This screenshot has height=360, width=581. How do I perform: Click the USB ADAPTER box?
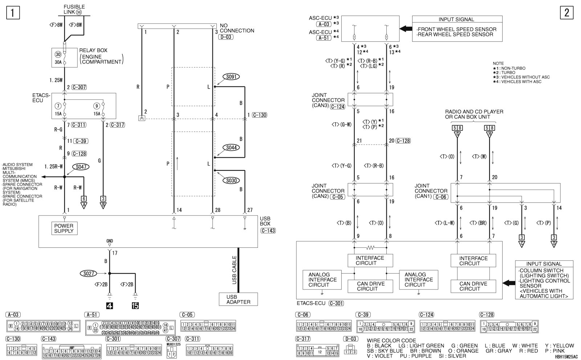tap(238, 299)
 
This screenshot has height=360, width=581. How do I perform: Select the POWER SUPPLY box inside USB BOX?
tap(64, 228)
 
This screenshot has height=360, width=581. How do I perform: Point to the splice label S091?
tap(231, 77)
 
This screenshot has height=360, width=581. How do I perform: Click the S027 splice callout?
tap(89, 274)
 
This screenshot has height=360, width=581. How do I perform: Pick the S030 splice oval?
tap(231, 180)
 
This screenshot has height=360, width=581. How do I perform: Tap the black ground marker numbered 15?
tap(135, 306)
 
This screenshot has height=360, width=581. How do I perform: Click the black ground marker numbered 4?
tap(109, 306)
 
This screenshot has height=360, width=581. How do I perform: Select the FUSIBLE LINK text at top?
tap(74, 9)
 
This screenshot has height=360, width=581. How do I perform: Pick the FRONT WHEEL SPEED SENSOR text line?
tap(457, 29)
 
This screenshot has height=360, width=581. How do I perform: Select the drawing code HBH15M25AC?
tap(566, 357)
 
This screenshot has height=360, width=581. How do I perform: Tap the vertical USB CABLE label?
tap(234, 270)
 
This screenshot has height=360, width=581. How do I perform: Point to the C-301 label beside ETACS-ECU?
tap(336, 303)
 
